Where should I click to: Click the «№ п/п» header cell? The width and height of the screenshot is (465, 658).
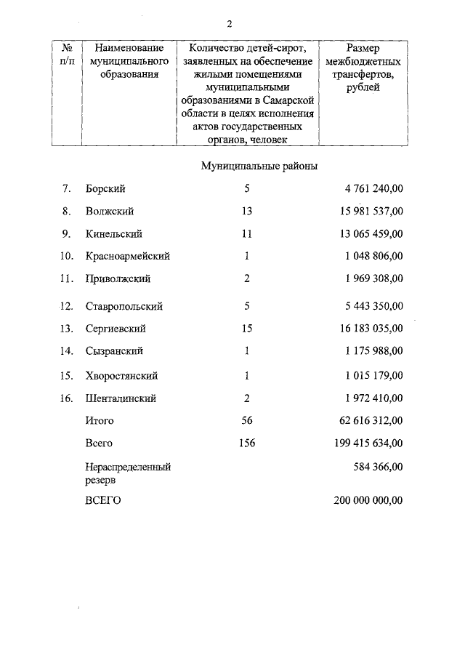tap(66, 55)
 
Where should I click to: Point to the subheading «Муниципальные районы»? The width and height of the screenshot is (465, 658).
tap(259, 166)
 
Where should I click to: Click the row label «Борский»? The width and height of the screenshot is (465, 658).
tap(105, 189)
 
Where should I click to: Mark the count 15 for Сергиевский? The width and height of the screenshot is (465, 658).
tap(246, 329)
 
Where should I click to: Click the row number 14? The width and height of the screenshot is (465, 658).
tap(67, 351)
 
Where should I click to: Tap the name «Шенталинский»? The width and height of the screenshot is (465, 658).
tap(121, 398)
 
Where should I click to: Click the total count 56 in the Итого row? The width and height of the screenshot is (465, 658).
tap(246, 420)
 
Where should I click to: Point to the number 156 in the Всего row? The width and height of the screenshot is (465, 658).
tap(246, 443)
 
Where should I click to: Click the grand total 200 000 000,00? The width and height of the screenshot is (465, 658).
tap(368, 500)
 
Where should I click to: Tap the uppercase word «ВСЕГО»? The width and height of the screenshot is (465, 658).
tap(102, 500)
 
